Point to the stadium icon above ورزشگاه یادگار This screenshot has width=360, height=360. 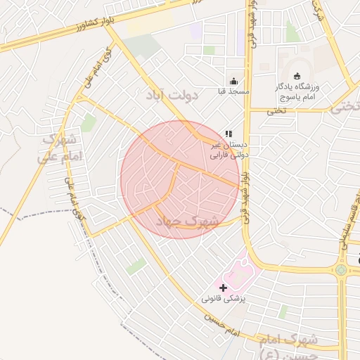[297, 76]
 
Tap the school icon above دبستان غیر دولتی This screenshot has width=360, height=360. [228, 133]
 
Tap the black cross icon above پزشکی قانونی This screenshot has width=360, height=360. [224, 288]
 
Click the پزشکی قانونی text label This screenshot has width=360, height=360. [224, 299]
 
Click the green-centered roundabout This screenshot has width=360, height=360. [341, 270]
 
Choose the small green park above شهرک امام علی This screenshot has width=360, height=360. [89, 124]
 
